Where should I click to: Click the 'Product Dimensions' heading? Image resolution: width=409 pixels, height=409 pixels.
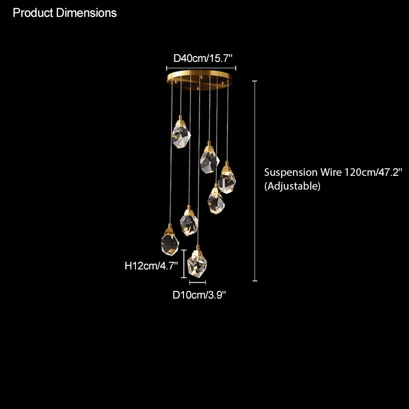[x=65, y=13]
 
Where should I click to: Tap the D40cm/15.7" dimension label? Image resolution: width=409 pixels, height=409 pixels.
[x=202, y=58]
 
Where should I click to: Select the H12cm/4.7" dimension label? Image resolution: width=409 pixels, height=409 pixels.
[x=151, y=266]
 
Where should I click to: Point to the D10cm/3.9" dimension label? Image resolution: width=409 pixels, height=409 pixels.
[x=199, y=295]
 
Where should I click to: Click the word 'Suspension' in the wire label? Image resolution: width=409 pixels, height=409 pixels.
[x=290, y=172]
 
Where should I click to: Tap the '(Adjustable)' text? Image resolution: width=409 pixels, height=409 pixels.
[x=292, y=186]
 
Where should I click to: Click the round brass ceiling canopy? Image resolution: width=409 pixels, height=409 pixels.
[x=200, y=79]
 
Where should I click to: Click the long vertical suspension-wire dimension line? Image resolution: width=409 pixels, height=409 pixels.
[x=255, y=181]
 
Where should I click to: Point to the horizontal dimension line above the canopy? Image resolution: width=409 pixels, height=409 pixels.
[x=201, y=69]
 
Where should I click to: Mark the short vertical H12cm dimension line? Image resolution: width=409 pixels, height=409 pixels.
[x=184, y=264]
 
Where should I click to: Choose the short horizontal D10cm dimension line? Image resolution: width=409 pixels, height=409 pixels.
[x=198, y=282]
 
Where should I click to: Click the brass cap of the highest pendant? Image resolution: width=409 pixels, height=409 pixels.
[x=180, y=122]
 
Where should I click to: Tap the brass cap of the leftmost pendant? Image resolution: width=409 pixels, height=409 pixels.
[x=170, y=230]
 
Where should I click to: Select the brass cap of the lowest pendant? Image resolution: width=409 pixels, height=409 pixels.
[x=198, y=251]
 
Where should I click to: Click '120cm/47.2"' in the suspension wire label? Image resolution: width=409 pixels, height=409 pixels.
[x=374, y=172]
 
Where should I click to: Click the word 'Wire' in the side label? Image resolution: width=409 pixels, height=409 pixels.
[x=331, y=172]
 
